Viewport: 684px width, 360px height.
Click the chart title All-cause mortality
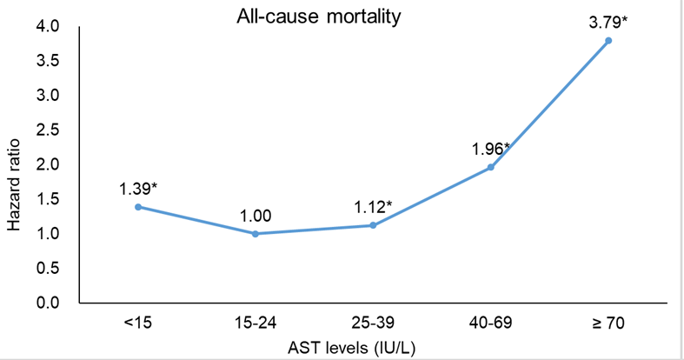click(318, 17)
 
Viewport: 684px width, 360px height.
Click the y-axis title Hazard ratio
click(14, 184)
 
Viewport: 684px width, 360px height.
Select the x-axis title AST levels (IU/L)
click(352, 348)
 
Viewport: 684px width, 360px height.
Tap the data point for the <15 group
click(138, 207)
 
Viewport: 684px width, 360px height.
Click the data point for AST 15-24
click(256, 234)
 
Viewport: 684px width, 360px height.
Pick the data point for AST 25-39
click(373, 225)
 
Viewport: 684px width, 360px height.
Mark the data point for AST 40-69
click(491, 167)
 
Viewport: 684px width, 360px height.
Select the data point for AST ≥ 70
click(608, 41)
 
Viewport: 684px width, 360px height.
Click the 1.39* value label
click(138, 189)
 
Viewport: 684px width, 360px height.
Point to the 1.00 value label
click(256, 216)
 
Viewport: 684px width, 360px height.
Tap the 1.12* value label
click(373, 207)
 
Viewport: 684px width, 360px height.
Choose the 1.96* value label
click(491, 150)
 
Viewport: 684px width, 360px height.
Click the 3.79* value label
click(608, 23)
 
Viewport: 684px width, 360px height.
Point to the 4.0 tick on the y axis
click(48, 26)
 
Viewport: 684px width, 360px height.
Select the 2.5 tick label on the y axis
click(48, 130)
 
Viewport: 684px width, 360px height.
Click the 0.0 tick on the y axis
click(48, 303)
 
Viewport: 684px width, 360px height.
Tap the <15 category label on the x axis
click(138, 323)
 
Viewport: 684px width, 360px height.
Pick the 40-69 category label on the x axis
click(491, 323)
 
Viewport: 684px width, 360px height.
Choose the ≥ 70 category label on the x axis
click(608, 323)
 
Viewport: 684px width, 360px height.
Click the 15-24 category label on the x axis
click(256, 323)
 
